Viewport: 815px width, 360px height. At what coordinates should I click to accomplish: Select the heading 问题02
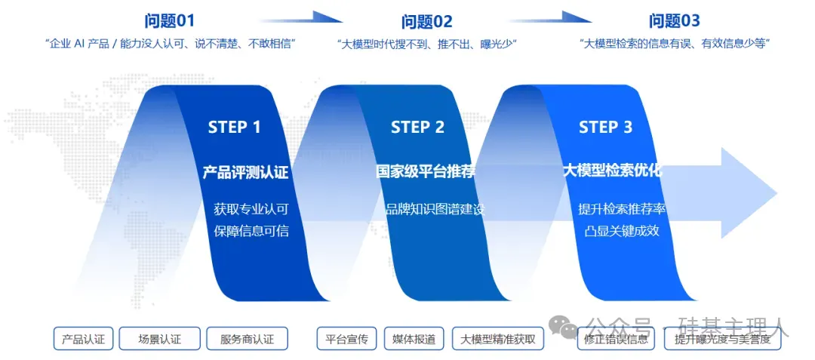426,22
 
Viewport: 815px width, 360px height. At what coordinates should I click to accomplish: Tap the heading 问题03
675,21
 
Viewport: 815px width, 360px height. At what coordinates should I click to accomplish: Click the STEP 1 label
234,127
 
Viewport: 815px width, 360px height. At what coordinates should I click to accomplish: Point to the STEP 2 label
417,127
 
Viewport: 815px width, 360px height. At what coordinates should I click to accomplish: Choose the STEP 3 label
605,127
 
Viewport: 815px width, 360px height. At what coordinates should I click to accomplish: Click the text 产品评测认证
245,171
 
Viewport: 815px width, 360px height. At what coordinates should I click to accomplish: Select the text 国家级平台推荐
426,171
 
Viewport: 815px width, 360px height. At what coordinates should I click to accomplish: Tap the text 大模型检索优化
612,170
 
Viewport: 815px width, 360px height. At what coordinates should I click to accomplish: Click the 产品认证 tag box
83,339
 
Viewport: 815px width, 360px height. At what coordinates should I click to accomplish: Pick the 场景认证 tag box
160,339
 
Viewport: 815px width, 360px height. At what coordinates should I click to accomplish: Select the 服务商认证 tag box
247,339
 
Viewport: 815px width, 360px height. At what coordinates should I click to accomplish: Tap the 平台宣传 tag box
346,339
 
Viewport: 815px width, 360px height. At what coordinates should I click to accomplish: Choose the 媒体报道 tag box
414,339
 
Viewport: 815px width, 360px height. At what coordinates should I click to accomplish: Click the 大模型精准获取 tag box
498,339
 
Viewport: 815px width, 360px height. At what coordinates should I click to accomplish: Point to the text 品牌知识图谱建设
434,209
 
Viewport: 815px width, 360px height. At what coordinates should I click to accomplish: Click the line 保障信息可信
251,230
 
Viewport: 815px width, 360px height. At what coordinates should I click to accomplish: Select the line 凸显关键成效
621,230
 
